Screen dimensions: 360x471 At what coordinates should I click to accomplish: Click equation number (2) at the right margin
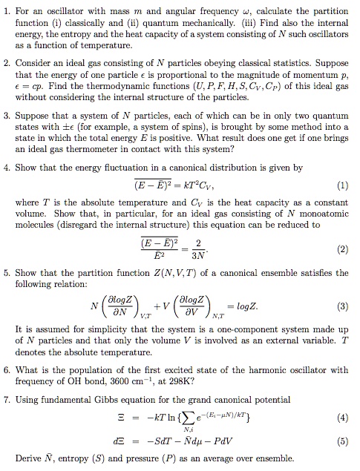(x=344, y=251)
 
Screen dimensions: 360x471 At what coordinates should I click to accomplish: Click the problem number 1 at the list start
(x=7, y=8)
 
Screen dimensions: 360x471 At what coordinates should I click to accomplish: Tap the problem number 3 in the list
(x=7, y=116)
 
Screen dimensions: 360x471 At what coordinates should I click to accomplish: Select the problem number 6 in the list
(x=7, y=369)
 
